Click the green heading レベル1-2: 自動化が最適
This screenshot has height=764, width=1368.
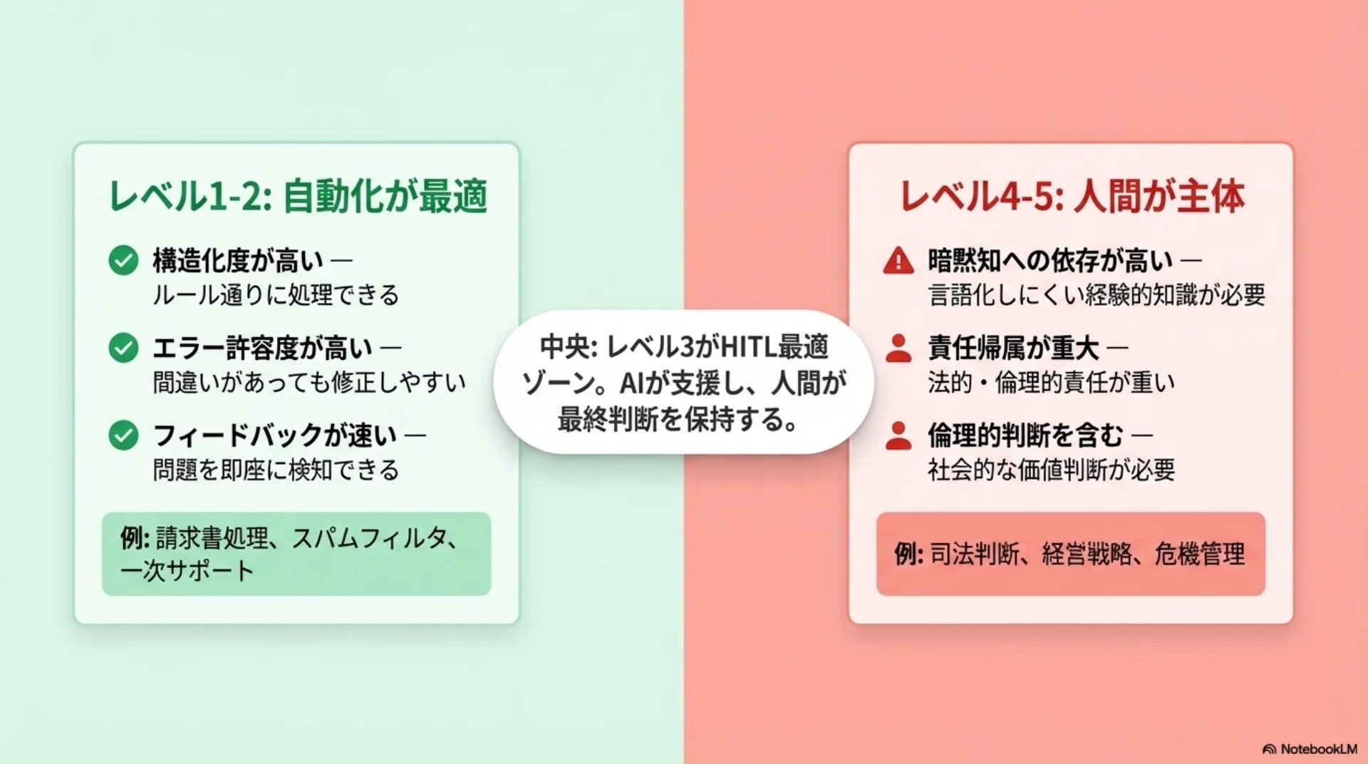click(298, 196)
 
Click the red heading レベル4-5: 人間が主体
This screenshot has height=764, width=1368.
click(1072, 196)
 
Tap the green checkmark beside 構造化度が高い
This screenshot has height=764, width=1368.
click(123, 260)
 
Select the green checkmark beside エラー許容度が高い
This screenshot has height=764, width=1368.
click(123, 348)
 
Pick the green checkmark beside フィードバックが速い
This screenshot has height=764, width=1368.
click(123, 435)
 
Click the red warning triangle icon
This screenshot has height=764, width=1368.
click(898, 260)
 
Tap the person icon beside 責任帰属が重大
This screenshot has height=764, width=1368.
click(898, 348)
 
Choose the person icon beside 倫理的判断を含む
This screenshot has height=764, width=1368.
click(898, 435)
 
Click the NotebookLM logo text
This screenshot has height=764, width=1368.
click(1319, 749)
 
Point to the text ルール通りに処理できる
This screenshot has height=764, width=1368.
click(276, 294)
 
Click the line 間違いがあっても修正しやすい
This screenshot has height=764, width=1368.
click(309, 382)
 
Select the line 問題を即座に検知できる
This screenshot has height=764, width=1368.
click(276, 470)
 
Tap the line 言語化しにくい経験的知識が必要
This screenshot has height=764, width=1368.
click(1097, 294)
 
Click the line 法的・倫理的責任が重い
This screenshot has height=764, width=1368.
click(1051, 382)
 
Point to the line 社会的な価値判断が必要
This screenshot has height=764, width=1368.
click(1051, 470)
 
